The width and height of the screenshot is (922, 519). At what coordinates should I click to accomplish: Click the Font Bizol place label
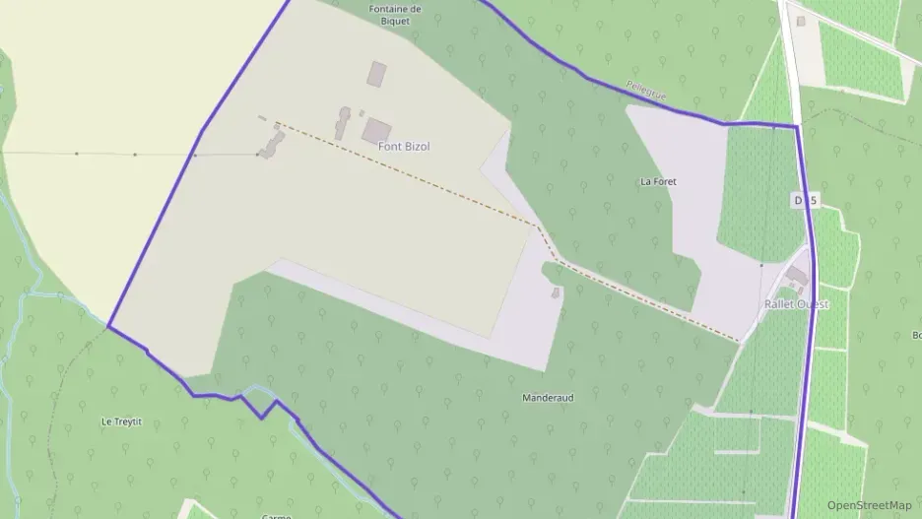[x=404, y=147]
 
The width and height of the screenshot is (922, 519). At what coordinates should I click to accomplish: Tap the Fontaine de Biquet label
[x=395, y=14]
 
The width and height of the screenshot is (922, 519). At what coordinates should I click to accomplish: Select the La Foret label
[x=658, y=182]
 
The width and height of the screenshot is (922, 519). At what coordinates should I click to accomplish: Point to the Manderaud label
[x=548, y=398]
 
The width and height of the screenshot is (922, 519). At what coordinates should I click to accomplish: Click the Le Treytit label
[x=122, y=422]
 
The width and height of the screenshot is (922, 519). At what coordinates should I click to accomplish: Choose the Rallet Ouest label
[x=796, y=304]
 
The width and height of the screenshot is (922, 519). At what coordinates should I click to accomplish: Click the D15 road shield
[x=805, y=201]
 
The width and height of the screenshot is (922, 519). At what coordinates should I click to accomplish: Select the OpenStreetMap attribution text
[x=870, y=505]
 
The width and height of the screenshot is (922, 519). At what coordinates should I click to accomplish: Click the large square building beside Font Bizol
[x=376, y=130]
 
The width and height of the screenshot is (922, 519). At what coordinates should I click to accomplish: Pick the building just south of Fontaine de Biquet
[x=376, y=74]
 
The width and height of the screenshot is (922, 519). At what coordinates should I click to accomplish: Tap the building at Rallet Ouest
[x=797, y=276]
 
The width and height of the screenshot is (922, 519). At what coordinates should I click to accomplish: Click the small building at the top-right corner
[x=801, y=21]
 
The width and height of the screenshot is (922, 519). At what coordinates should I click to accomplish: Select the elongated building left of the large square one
[x=343, y=123]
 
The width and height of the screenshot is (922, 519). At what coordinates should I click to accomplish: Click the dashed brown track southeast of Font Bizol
[x=443, y=186]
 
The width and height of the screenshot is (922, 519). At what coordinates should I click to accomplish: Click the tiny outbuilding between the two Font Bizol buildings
[x=362, y=114]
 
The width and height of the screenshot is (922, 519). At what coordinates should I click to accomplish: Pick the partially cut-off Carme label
[x=277, y=515]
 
